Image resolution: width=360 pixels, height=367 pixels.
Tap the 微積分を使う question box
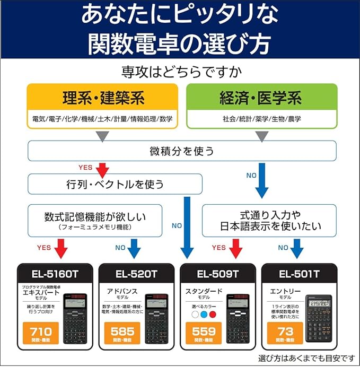[x=182, y=151]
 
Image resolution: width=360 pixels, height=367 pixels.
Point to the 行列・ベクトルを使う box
[x=115, y=184]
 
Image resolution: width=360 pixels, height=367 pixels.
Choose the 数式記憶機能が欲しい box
[x=95, y=221]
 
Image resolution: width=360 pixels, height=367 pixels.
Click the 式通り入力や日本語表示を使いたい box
[x=269, y=221]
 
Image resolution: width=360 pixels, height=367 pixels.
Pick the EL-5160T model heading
[x=55, y=274]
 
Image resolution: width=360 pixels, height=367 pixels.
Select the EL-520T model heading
[x=136, y=274]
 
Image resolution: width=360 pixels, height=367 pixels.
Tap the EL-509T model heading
[x=218, y=274]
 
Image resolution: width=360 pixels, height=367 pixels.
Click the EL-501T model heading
[x=299, y=274]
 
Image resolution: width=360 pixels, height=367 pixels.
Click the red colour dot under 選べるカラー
[x=213, y=314]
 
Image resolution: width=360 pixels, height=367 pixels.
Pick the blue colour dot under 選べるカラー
[x=204, y=314]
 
